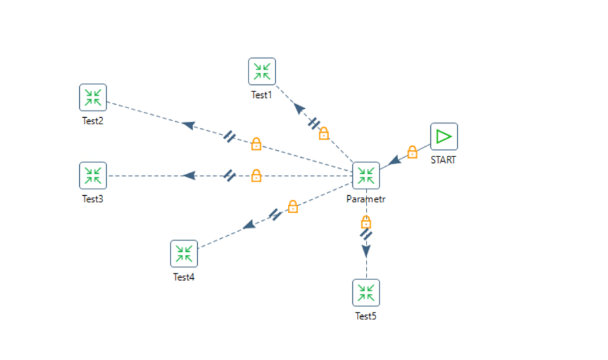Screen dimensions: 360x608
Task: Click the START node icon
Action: [x=444, y=137]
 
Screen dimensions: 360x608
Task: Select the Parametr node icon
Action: [x=366, y=175]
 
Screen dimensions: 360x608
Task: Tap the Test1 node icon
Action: [x=262, y=71]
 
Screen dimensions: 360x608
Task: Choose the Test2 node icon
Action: [x=93, y=97]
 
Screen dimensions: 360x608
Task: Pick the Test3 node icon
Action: [x=93, y=175]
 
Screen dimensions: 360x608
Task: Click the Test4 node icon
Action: [x=184, y=254]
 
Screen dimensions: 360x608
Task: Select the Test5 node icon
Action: [x=366, y=292]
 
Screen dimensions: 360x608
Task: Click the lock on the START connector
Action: [x=412, y=153]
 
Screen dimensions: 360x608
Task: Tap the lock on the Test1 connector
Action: [x=324, y=133]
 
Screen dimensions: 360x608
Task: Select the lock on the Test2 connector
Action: [x=256, y=144]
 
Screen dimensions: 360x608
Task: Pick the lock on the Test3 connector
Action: [x=256, y=175]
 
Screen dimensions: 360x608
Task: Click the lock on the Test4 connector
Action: [x=292, y=207]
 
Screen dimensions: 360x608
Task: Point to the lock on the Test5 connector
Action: [x=366, y=222]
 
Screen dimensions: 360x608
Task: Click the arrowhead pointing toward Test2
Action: [x=188, y=125]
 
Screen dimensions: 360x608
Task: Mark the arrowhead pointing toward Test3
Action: [x=188, y=175]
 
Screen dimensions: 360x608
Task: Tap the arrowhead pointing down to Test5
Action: [x=366, y=251]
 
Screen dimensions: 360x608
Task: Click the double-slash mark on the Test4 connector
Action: [x=275, y=214]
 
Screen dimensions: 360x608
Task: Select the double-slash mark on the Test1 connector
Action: [x=314, y=122]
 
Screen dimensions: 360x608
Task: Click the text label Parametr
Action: [x=366, y=199]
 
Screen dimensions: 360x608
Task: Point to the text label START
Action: [x=443, y=160]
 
